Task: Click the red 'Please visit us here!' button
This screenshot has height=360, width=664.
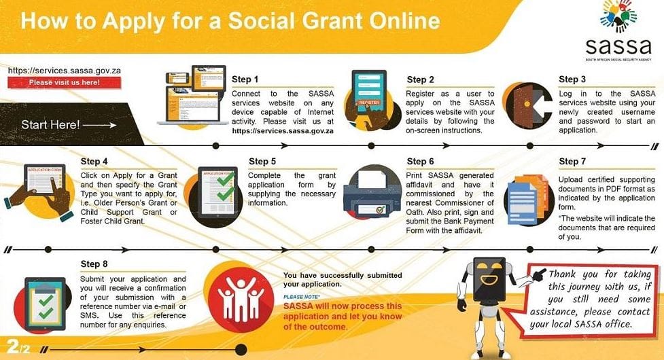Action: tap(65, 82)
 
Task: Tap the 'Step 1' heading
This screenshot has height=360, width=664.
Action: tap(245, 79)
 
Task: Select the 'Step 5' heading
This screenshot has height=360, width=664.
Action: tap(262, 161)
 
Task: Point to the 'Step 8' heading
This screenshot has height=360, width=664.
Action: tap(94, 264)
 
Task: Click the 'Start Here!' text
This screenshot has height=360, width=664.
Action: tap(50, 124)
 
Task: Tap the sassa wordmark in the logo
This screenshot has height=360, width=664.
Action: tap(618, 46)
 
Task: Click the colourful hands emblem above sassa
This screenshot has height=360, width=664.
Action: tap(618, 16)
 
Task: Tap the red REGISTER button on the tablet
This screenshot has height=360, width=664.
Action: tap(369, 103)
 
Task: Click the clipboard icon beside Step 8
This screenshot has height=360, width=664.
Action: tap(45, 304)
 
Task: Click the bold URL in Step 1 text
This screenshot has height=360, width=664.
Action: tap(283, 130)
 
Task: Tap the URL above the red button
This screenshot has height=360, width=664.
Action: tap(65, 71)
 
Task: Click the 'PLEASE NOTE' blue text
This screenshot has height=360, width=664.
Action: tap(302, 297)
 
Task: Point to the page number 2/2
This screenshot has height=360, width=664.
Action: tap(18, 347)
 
